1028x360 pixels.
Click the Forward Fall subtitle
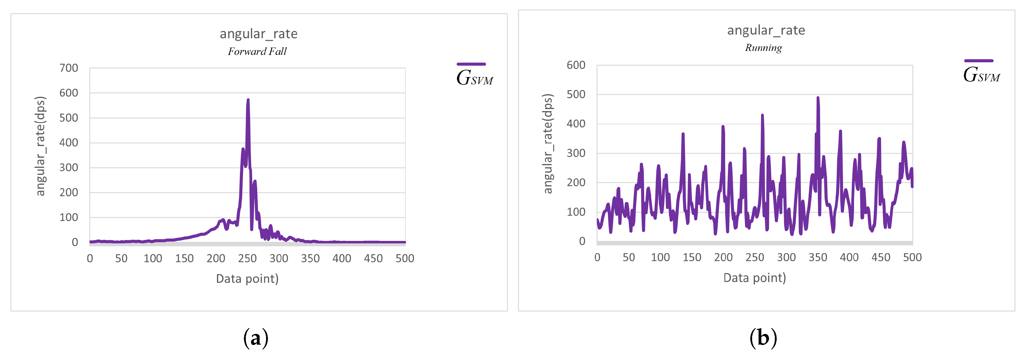[257, 52]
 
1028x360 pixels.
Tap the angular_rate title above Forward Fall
[259, 33]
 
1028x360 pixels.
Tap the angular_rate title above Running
[766, 30]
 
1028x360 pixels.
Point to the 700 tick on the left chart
[69, 68]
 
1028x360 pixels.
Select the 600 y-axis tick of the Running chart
[576, 65]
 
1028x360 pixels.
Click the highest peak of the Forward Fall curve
[248, 100]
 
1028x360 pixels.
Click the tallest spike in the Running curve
[818, 98]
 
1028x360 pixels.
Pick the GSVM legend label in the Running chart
[981, 75]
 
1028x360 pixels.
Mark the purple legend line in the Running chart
[979, 61]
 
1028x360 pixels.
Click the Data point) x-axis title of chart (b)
[754, 277]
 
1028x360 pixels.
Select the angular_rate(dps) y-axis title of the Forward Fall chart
[41, 146]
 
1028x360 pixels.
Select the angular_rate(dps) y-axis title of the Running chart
[548, 144]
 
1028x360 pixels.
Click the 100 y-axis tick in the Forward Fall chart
[69, 218]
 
